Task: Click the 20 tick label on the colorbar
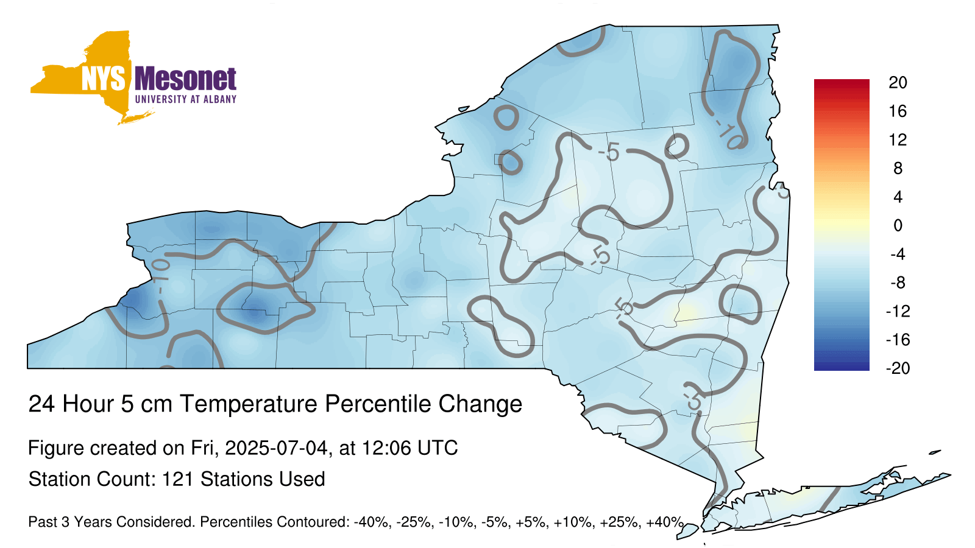click(x=898, y=82)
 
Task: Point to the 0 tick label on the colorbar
click(x=898, y=225)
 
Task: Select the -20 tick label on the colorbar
click(x=898, y=368)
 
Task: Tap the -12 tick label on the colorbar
click(x=898, y=311)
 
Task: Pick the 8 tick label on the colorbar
click(x=898, y=168)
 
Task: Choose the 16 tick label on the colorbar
click(x=898, y=111)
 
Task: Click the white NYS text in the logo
click(x=103, y=79)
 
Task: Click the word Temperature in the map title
click(x=249, y=404)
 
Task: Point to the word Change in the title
click(x=480, y=404)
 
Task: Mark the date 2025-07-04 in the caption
click(x=276, y=448)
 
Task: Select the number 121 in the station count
click(x=177, y=479)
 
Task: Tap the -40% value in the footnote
click(x=372, y=522)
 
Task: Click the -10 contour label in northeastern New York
click(x=729, y=134)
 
